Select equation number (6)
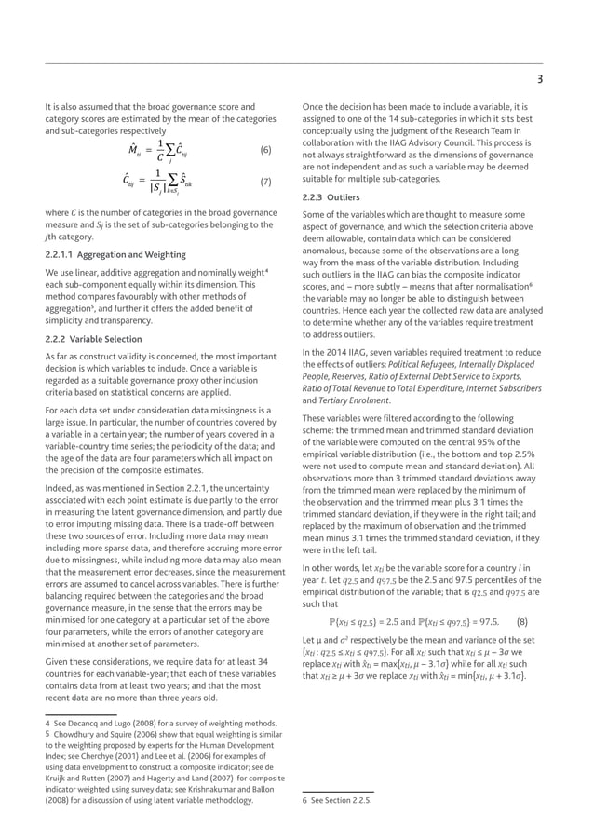[x=265, y=150]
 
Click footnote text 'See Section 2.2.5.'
[x=342, y=799]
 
